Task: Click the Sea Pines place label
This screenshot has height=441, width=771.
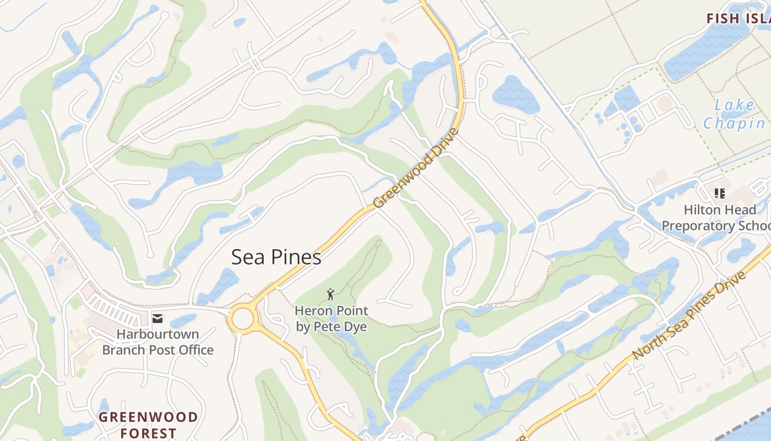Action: pyautogui.click(x=276, y=257)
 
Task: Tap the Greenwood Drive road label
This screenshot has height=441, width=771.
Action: pyautogui.click(x=416, y=168)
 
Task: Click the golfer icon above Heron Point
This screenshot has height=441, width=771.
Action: pyautogui.click(x=330, y=294)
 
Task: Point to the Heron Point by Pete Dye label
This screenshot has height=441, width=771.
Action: pyautogui.click(x=331, y=319)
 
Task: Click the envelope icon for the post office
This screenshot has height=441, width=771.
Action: pyautogui.click(x=158, y=318)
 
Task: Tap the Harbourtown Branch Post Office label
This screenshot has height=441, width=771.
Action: pyautogui.click(x=158, y=342)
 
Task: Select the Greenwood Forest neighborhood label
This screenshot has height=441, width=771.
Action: pyautogui.click(x=148, y=424)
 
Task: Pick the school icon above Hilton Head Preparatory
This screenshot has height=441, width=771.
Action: pyautogui.click(x=719, y=193)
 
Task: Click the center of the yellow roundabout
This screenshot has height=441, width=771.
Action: pyautogui.click(x=242, y=319)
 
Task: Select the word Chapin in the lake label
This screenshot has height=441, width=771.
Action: pyautogui.click(x=734, y=123)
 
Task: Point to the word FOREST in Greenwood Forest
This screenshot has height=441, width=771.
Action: pyautogui.click(x=148, y=433)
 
